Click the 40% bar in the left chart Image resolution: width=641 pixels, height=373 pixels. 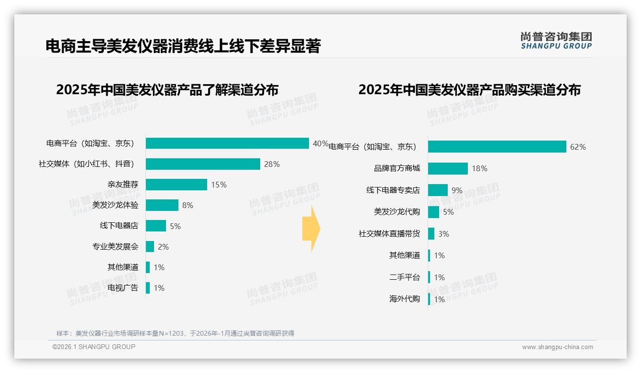tap(227, 143)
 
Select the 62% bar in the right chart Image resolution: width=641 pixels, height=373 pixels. tap(497, 147)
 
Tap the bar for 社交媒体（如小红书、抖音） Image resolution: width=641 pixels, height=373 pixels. tap(203, 164)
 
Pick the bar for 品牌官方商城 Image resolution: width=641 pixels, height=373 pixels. tap(448, 168)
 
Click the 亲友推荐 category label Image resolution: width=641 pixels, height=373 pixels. tap(122, 185)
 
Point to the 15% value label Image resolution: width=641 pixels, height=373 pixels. tap(219, 185)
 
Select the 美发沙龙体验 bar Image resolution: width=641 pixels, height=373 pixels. tap(162, 205)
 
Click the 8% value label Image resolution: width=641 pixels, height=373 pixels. tap(188, 205)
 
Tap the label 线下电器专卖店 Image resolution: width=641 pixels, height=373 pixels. tap(393, 190)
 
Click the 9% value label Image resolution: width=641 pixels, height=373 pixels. tap(457, 190)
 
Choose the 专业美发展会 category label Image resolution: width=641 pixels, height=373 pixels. tap(115, 247)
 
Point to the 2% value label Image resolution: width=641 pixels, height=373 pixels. tap(163, 247)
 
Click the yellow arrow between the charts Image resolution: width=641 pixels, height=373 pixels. tap(311, 229)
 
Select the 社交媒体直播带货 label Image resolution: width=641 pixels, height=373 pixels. tap(389, 234)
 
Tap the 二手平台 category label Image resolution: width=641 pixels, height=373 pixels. tap(404, 277)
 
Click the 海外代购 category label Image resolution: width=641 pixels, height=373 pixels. tap(404, 299)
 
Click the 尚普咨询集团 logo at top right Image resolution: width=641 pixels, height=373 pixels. tap(556, 41)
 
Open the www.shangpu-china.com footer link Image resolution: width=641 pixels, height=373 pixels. tap(557, 347)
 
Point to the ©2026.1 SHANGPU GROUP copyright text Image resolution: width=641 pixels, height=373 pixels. tap(94, 347)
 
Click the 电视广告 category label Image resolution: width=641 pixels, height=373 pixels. tap(122, 288)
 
